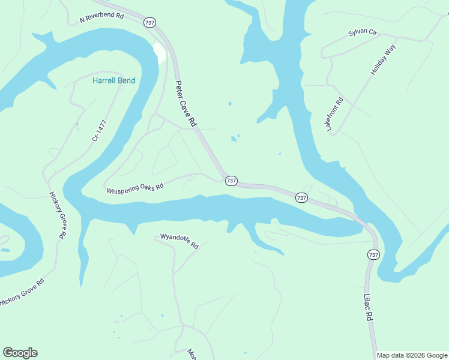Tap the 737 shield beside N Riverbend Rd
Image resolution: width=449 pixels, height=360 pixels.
click(149, 22)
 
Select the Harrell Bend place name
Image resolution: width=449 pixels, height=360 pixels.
click(113, 80)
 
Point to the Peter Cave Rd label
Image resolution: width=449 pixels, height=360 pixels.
click(186, 103)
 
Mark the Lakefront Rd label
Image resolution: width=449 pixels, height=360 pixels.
click(334, 115)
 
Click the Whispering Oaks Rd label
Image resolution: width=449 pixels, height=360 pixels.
click(135, 190)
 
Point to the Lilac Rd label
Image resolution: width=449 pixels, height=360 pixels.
click(369, 307)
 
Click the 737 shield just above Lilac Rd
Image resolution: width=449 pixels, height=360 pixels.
click(373, 255)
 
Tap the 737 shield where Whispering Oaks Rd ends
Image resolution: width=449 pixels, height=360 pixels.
click(232, 181)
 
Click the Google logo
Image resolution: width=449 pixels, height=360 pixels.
click(20, 353)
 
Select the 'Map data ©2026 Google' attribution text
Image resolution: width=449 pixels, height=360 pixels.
click(412, 355)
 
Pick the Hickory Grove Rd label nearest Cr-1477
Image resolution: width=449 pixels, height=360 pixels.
click(57, 215)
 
